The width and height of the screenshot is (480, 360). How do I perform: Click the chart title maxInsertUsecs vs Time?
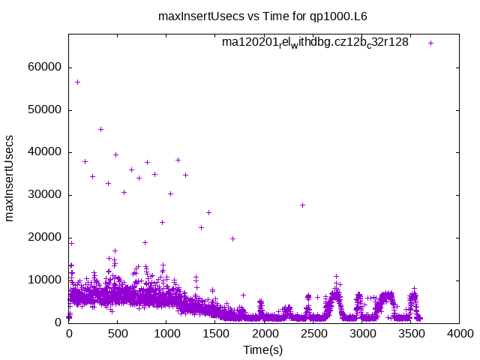(x=262, y=16)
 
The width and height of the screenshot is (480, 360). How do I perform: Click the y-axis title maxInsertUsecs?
(x=10, y=178)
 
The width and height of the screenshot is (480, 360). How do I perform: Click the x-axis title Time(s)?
(x=262, y=350)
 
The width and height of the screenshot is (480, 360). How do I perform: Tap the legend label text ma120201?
(x=315, y=43)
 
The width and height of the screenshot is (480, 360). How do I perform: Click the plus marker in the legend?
(x=430, y=43)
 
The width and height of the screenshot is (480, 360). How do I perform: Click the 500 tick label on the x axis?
(x=118, y=335)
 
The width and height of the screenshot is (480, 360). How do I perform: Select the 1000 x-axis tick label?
(x=166, y=335)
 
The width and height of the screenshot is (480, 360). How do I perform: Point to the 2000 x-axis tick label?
(x=265, y=335)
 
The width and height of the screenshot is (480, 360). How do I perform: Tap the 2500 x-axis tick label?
(x=313, y=335)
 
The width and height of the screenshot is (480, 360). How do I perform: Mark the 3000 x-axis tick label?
(x=363, y=335)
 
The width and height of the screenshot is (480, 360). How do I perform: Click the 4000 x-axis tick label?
(x=460, y=335)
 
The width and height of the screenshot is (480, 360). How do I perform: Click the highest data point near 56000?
(x=77, y=82)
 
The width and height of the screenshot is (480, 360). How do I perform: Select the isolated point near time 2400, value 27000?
(x=302, y=205)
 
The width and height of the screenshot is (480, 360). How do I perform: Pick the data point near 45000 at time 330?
(x=100, y=129)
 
